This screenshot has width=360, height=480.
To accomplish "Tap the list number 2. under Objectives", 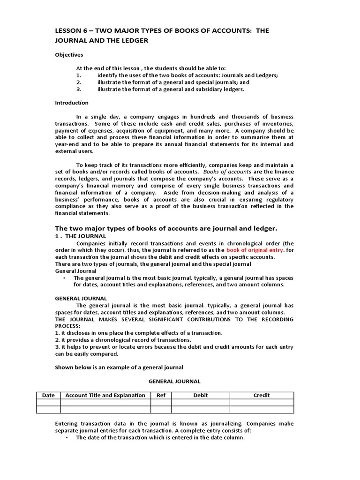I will coord(79,82).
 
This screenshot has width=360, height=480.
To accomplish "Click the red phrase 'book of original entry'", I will coord(255,250).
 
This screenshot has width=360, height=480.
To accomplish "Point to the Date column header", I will coord(48,395).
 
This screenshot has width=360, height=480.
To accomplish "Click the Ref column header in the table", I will coord(161,395).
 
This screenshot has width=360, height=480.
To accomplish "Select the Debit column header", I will coord(200,395).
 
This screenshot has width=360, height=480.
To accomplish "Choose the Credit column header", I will coord(262,395).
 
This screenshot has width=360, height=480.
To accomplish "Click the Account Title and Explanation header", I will coord(105,395).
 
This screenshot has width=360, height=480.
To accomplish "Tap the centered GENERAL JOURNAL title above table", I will coord(174,382).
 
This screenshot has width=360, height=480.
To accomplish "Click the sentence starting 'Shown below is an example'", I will coord(119,367).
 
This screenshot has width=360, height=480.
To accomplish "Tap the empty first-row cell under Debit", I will coord(200,402).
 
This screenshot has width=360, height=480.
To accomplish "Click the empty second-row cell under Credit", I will coord(262,409).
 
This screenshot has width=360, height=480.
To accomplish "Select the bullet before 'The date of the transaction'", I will coord(67,438).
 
